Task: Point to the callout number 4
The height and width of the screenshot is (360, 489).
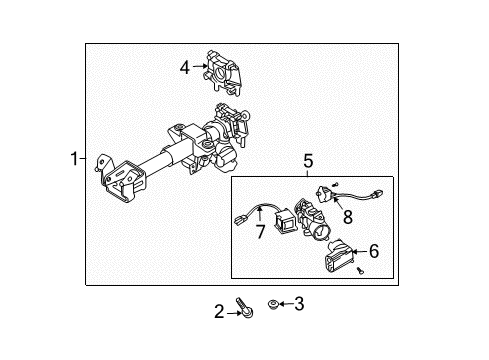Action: [x=185, y=68]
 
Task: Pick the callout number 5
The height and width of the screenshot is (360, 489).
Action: [x=308, y=159]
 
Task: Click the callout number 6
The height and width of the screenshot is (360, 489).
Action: [x=375, y=253]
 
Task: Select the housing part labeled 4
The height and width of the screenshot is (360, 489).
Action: [x=227, y=67]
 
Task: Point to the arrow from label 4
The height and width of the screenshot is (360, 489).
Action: [x=200, y=68]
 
